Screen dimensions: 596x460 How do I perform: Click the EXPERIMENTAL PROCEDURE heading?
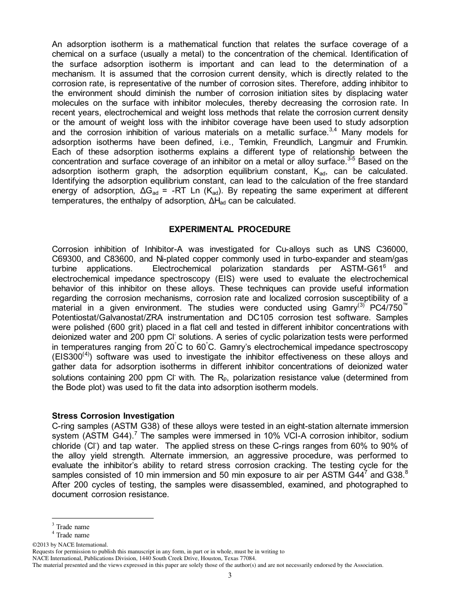tap(230, 229)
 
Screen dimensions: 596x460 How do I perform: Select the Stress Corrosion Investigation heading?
tap(113, 416)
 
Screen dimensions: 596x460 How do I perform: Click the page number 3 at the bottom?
tap(230, 575)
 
